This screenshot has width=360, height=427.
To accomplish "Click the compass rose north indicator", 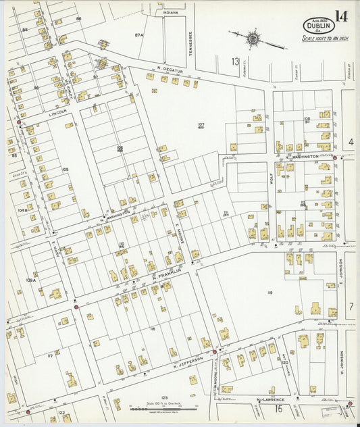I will click(254, 38).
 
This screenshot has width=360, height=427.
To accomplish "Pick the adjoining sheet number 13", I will click(235, 62).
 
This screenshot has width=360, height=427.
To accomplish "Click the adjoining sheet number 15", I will click(278, 408).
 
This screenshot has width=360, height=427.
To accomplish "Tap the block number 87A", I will click(140, 34).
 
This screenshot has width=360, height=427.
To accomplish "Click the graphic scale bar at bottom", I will click(161, 407).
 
